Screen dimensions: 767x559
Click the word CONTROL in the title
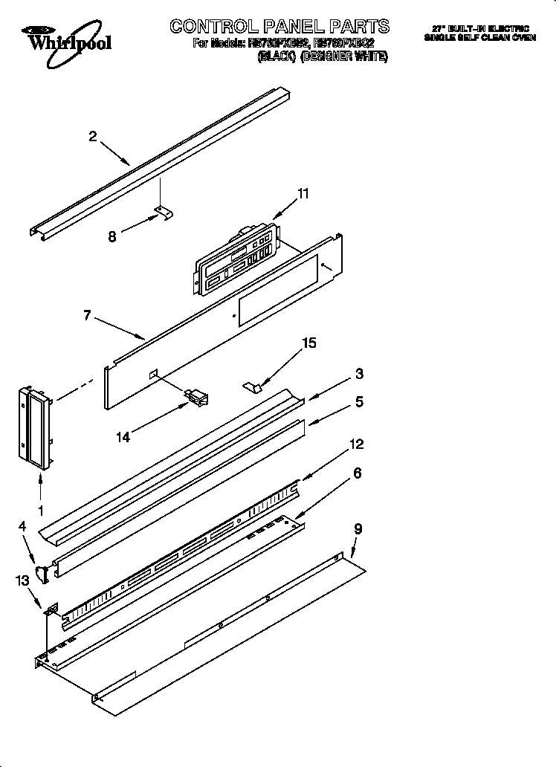coord(216,27)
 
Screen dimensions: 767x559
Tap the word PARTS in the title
coord(354,27)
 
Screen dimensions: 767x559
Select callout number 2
coord(92,136)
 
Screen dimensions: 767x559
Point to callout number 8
coord(112,237)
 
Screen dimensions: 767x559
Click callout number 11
coord(303,194)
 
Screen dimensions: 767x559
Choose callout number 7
coord(88,315)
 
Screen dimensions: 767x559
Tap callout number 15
coord(308,343)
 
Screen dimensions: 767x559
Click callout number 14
coord(123,438)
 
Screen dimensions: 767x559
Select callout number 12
coord(357,444)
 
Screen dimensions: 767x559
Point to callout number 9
coord(358,529)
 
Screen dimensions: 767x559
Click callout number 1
coord(40,511)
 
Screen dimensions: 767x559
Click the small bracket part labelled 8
coord(165,214)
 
